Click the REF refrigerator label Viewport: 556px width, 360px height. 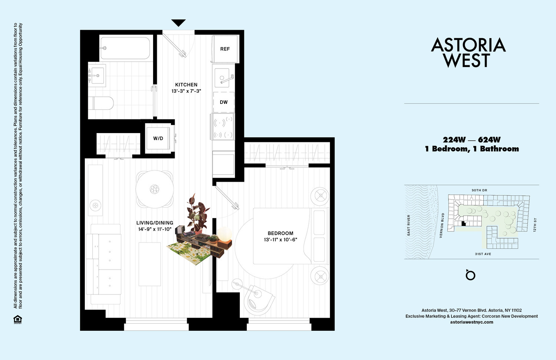coord(225,49)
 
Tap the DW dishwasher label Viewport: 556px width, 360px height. coord(224,102)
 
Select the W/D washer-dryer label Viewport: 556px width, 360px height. coord(158,138)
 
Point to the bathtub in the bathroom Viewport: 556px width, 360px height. coord(125,48)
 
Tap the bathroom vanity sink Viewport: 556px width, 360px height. coord(97,76)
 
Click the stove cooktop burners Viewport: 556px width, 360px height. coord(223,127)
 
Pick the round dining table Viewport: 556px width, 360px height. coord(155,189)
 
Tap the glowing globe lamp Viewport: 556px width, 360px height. coord(225,234)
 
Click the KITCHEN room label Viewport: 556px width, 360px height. coord(186,85)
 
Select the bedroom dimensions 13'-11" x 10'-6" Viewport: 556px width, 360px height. coord(281,240)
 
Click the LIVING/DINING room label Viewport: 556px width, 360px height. coord(155,223)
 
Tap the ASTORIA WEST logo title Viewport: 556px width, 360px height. coord(468,52)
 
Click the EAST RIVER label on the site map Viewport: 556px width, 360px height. coord(408,225)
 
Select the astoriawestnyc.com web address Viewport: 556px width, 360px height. coord(471,322)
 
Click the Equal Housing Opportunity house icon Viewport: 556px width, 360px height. coord(18,320)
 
